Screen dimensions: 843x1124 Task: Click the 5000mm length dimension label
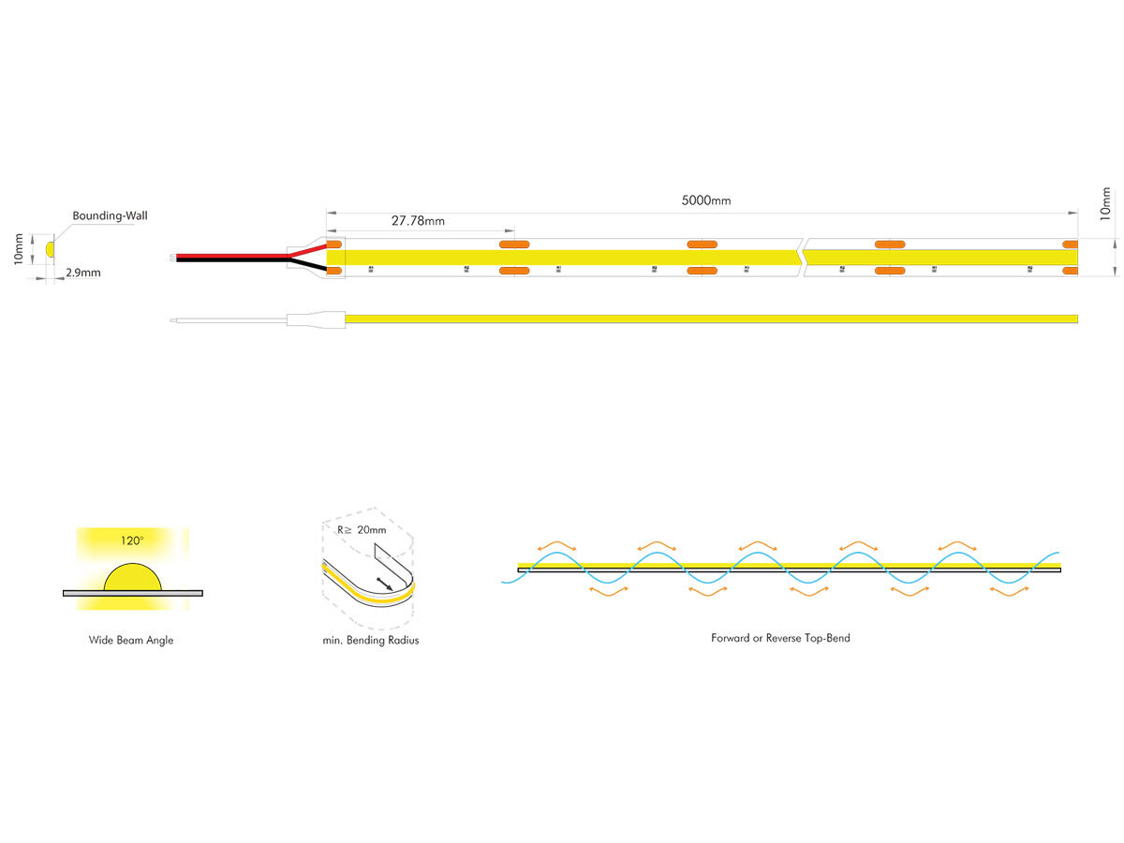point(707,200)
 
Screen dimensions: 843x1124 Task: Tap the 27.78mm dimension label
point(418,222)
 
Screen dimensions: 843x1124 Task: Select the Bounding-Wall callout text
point(110,215)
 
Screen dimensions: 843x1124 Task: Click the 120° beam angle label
point(131,540)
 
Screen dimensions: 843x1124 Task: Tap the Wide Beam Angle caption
point(131,641)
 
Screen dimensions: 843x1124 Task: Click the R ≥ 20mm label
point(361,530)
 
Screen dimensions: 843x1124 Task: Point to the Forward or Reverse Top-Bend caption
point(780,638)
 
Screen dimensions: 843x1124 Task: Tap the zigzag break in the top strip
point(802,257)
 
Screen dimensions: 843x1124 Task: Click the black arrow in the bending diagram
point(384,584)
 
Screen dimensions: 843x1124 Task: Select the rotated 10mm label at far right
point(1105,203)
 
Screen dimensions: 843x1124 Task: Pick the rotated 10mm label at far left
point(18,250)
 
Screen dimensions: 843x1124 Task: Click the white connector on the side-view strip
point(316,320)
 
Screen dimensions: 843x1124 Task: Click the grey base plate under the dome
point(132,593)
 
